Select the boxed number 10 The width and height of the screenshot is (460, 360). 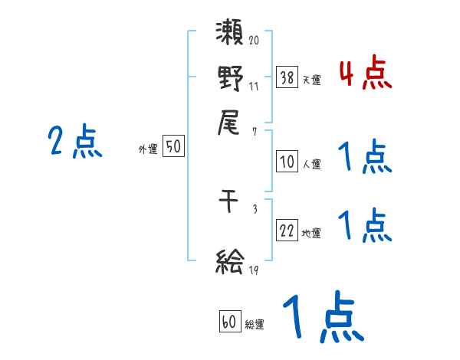tap(287, 162)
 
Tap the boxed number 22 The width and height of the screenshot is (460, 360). tap(287, 231)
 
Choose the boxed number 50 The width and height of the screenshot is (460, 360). tap(174, 146)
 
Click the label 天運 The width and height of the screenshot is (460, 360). tap(311, 80)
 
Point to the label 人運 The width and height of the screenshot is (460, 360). tap(311, 164)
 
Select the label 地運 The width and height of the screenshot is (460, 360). tap(311, 234)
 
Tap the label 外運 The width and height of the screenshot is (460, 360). tap(148, 150)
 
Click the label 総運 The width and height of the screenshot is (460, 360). tap(255, 325)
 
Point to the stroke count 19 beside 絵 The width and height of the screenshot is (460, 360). tap(254, 270)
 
